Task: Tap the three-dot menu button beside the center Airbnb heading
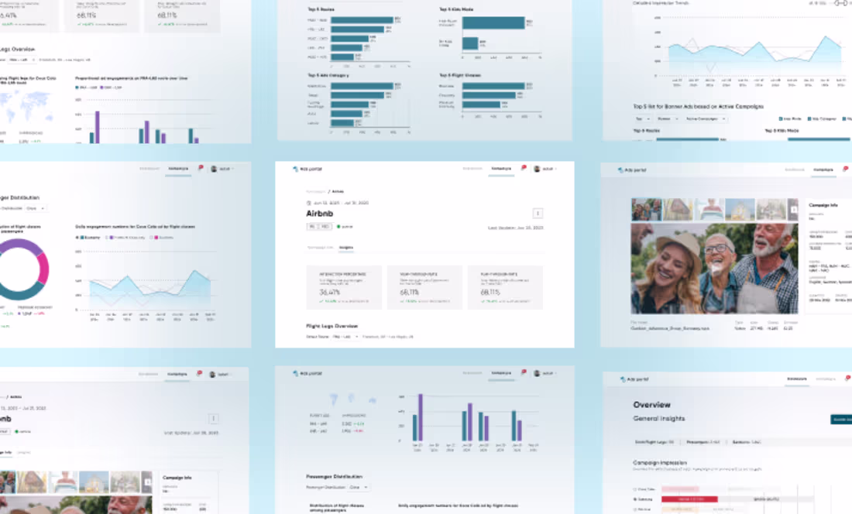(538, 214)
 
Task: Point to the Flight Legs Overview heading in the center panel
(332, 326)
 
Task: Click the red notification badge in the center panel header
(524, 167)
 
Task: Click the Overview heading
(652, 405)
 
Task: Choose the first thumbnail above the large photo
(646, 209)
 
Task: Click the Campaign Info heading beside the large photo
(825, 205)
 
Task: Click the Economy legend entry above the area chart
(88, 238)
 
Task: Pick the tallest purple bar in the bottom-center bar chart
(421, 417)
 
